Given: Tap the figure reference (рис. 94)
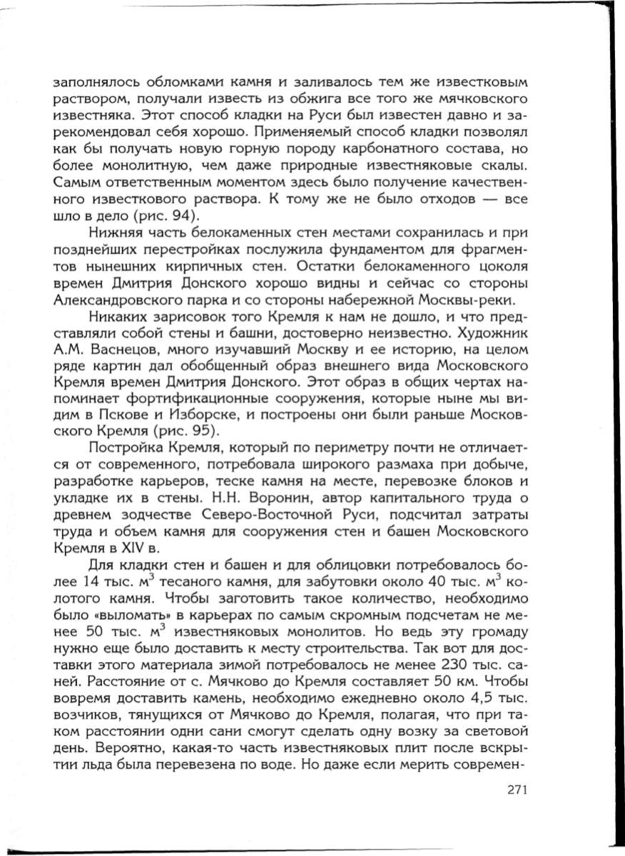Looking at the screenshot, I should click(169, 216).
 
